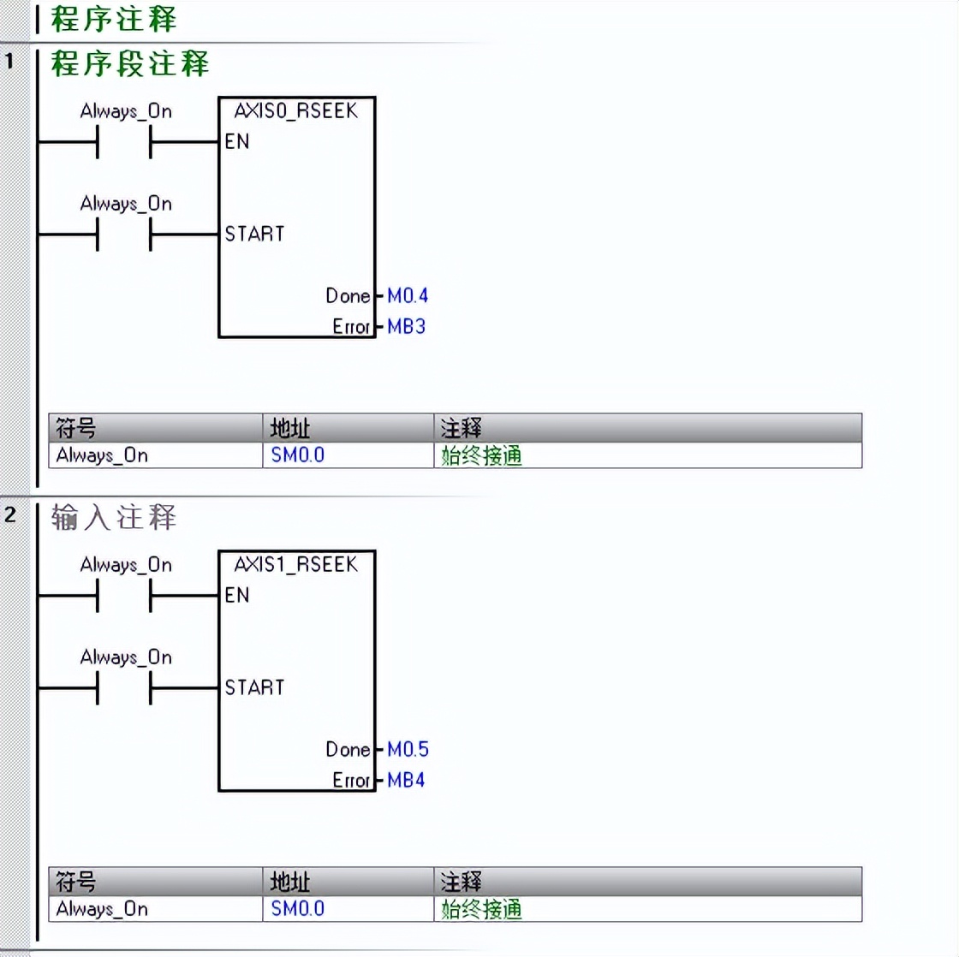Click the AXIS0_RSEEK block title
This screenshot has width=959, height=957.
click(x=295, y=110)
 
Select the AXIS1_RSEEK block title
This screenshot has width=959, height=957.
click(x=295, y=564)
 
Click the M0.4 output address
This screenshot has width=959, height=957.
click(x=407, y=296)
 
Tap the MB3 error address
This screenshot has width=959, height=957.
click(x=406, y=327)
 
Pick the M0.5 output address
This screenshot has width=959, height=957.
click(x=408, y=750)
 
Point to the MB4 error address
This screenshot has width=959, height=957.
click(x=406, y=781)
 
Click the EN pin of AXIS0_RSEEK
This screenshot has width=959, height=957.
click(x=237, y=142)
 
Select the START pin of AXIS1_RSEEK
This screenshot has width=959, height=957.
click(x=254, y=687)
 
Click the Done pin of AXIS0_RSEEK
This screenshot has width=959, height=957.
click(x=348, y=296)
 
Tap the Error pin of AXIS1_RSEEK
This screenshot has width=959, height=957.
click(x=351, y=781)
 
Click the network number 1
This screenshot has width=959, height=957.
click(x=10, y=62)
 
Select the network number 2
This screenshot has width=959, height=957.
click(x=10, y=515)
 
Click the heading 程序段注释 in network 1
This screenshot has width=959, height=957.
click(x=129, y=63)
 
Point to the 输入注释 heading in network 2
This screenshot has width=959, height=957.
click(x=114, y=517)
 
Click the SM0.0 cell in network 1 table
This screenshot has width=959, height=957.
click(x=298, y=455)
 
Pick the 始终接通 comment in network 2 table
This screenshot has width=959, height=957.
click(x=481, y=909)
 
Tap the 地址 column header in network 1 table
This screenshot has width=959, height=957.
click(x=289, y=428)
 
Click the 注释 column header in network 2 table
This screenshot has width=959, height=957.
click(x=461, y=882)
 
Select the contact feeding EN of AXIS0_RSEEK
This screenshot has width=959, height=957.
click(x=125, y=142)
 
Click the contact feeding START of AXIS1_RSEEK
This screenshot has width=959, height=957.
click(x=125, y=688)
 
